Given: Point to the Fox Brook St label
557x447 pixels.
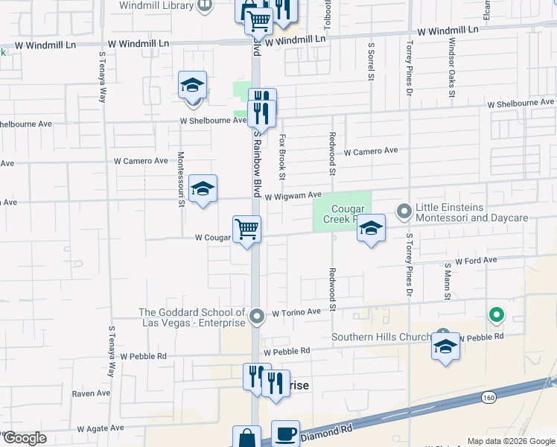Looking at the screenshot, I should coord(282,157).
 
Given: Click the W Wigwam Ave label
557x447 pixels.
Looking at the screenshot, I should coord(293,195).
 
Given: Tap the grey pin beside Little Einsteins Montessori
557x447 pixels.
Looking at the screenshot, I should coord(404,212).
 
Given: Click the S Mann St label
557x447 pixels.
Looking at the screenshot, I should coord(448,281).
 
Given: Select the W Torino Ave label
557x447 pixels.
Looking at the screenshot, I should coord(296,312).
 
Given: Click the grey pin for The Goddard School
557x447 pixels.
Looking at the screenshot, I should coord(257,317).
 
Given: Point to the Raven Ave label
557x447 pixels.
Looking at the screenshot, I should coord(91,393).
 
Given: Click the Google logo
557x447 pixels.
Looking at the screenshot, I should coord(25,437).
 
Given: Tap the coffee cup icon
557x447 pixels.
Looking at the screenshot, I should coord(285,433).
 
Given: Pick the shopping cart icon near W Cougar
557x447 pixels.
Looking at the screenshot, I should coord(246,229).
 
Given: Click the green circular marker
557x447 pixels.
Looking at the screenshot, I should coord(496,316).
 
